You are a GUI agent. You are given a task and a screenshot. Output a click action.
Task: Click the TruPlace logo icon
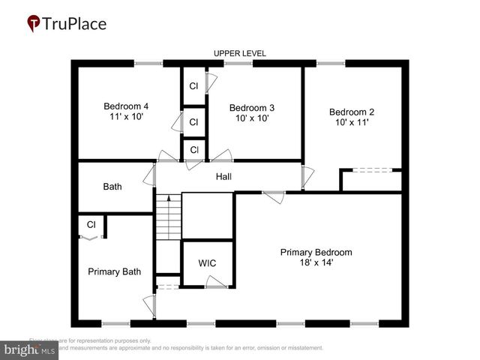[34, 24]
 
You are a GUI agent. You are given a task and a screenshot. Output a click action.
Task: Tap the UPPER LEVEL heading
[240, 53]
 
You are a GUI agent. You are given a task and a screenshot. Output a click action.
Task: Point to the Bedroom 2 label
[351, 112]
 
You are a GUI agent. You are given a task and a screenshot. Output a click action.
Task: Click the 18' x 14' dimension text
[316, 264]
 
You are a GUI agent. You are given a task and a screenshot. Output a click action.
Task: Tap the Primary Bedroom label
[316, 252]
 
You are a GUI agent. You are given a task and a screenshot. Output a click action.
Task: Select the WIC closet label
[207, 263]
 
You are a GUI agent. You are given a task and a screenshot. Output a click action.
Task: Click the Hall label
[223, 176]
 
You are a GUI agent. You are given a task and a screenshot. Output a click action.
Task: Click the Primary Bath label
[114, 271]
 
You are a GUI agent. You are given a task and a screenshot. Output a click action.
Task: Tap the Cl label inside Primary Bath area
[91, 224]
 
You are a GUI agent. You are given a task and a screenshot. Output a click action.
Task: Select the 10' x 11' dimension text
[351, 123]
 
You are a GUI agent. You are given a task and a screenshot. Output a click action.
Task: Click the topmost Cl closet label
[193, 86]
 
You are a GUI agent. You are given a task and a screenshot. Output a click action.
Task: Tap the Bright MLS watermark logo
[30, 349]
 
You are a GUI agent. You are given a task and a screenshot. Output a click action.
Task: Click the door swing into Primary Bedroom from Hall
[273, 197]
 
